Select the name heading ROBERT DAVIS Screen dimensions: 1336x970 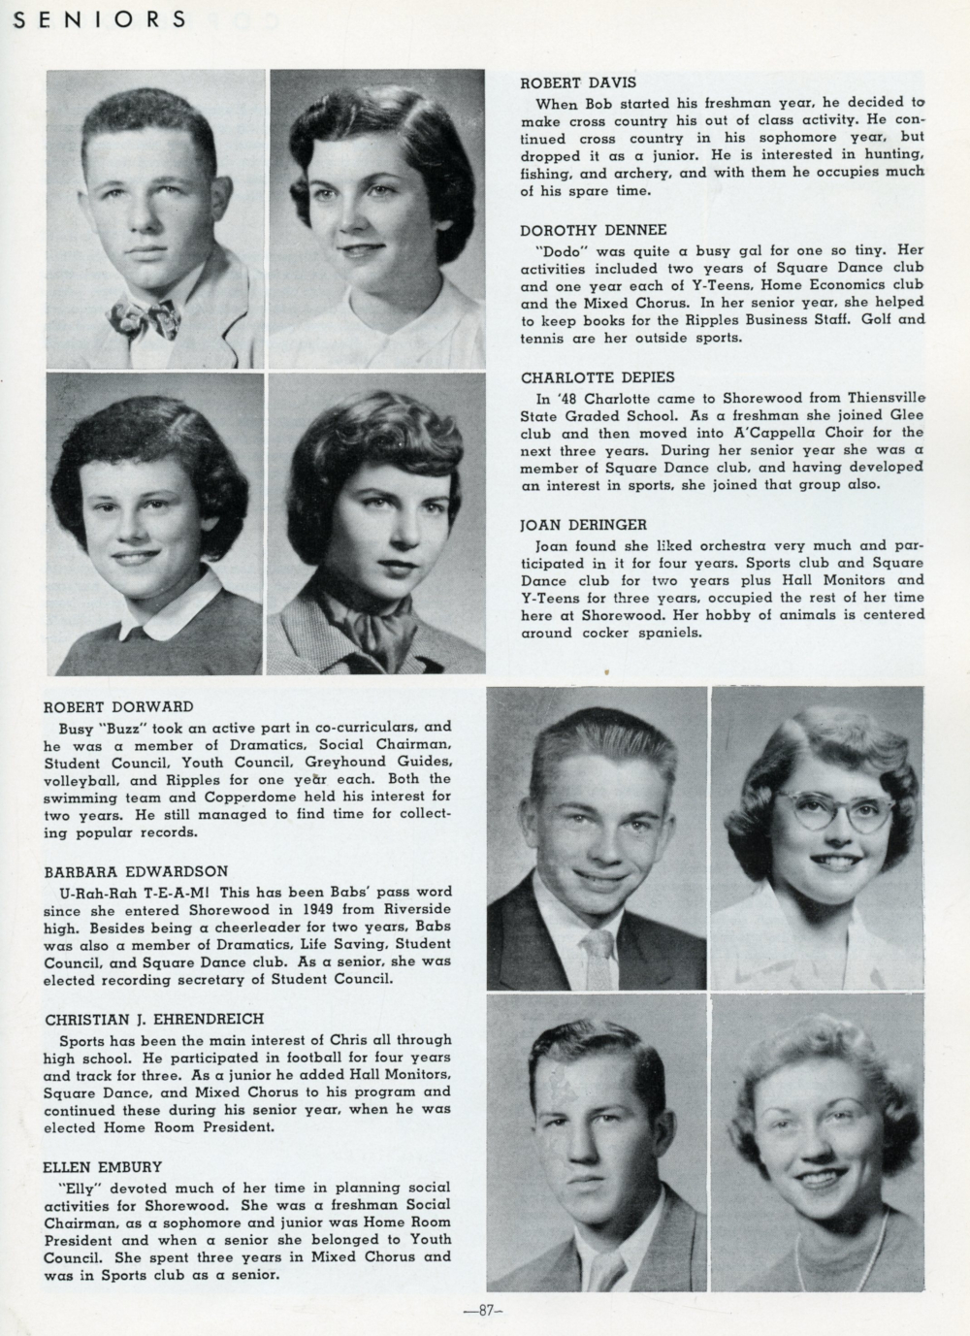[x=578, y=83]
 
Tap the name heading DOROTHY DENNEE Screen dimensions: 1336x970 [x=594, y=230]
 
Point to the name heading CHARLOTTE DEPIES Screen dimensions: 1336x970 [x=598, y=377]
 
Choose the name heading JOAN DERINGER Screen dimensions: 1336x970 [x=583, y=525]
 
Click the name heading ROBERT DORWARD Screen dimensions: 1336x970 [x=119, y=706]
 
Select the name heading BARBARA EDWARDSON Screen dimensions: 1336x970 [x=136, y=872]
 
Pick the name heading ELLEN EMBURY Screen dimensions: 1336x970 [x=104, y=1167]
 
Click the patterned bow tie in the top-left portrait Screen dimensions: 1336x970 [x=143, y=316]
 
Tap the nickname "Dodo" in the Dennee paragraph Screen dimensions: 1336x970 [x=558, y=249]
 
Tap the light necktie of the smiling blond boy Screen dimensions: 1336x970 [x=599, y=956]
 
